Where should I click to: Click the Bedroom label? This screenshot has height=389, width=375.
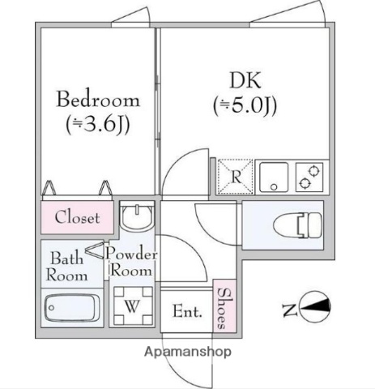(x=97, y=101)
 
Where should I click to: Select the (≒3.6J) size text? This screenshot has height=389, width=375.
(x=97, y=125)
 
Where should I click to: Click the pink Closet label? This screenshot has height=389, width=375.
(x=77, y=217)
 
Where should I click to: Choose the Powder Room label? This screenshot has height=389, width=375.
(x=131, y=262)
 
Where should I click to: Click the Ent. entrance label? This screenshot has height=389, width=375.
(x=185, y=310)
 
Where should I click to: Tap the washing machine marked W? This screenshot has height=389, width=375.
(x=132, y=307)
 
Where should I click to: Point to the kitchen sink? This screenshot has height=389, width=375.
(x=274, y=177)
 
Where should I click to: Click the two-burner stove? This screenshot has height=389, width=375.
(x=309, y=177)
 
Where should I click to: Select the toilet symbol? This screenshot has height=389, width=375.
(x=295, y=220)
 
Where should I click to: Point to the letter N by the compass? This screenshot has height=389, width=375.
(x=288, y=308)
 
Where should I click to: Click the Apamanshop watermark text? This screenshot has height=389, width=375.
(x=188, y=352)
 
